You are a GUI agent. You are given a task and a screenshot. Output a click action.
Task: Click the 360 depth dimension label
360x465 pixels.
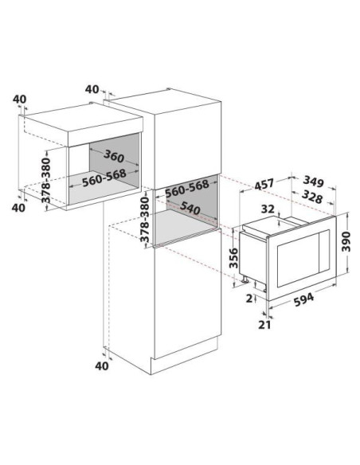(114, 156)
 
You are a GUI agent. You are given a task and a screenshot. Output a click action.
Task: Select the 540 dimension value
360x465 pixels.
(190, 208)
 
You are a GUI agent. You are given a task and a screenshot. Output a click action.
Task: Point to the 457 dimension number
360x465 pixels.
(264, 185)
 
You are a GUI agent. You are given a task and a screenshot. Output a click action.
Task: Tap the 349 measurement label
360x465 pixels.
(314, 182)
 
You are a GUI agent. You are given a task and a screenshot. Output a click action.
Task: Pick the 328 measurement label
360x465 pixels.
(312, 197)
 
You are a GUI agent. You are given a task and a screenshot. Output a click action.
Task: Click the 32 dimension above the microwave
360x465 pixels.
(268, 209)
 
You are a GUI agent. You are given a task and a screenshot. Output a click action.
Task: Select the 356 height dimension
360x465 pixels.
(234, 258)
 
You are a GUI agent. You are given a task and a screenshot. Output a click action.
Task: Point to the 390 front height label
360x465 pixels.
(346, 242)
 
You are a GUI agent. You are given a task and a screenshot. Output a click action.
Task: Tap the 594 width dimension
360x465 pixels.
(303, 299)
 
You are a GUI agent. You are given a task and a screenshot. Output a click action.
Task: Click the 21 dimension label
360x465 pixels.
(264, 325)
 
